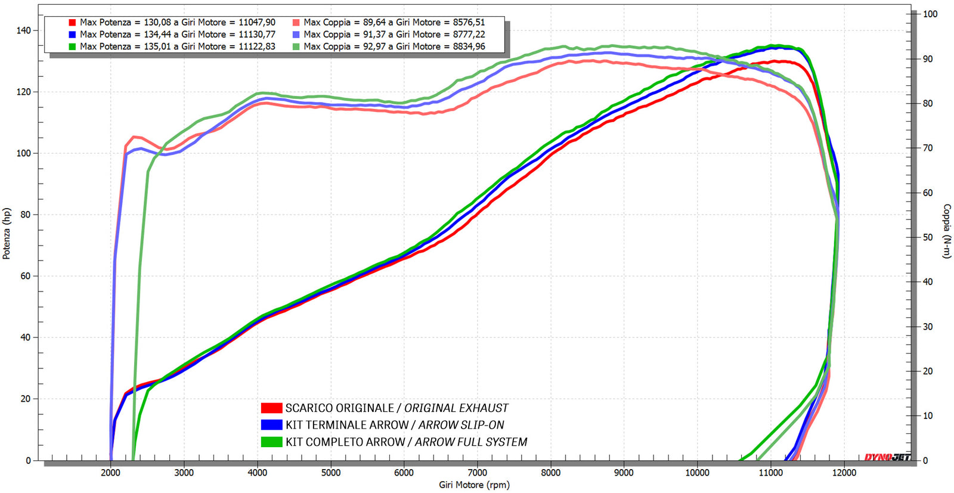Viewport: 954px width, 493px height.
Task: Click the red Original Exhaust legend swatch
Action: click(x=271, y=408)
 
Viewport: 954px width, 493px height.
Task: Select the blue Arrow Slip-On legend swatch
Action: click(x=271, y=425)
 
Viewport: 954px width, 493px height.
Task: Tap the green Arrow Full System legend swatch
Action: click(x=271, y=442)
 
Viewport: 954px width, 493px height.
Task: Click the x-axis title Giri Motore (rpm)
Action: click(x=474, y=485)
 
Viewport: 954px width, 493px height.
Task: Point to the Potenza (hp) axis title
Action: click(x=7, y=233)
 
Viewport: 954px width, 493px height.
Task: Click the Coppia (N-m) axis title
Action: click(x=946, y=231)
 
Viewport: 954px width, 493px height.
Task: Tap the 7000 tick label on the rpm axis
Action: click(x=477, y=473)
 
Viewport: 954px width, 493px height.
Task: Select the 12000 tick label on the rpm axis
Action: click(x=844, y=473)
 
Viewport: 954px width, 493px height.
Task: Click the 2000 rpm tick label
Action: click(x=111, y=473)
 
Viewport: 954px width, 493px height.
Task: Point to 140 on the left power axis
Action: click(x=23, y=30)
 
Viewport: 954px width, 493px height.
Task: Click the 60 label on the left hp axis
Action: click(x=25, y=276)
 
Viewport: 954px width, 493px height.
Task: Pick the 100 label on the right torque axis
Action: click(x=930, y=14)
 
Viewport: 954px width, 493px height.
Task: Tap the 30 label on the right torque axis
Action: click(x=928, y=327)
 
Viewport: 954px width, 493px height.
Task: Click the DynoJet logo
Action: click(x=887, y=457)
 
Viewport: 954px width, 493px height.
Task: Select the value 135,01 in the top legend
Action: click(x=157, y=46)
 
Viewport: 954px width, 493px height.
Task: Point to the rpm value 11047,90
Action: click(x=257, y=23)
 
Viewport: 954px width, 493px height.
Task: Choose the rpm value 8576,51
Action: click(x=469, y=23)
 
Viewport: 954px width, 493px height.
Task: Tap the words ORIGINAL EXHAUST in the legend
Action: click(x=456, y=408)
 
